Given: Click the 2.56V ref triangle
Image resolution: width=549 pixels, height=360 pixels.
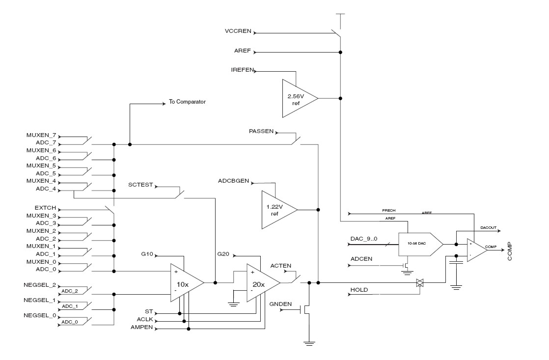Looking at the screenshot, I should click(x=297, y=98).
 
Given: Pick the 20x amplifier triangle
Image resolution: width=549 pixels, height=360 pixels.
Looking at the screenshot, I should click(x=261, y=282).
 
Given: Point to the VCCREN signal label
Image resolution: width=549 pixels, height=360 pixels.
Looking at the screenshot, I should click(x=238, y=30).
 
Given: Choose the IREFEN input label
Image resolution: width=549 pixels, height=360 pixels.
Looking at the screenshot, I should click(x=242, y=70).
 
